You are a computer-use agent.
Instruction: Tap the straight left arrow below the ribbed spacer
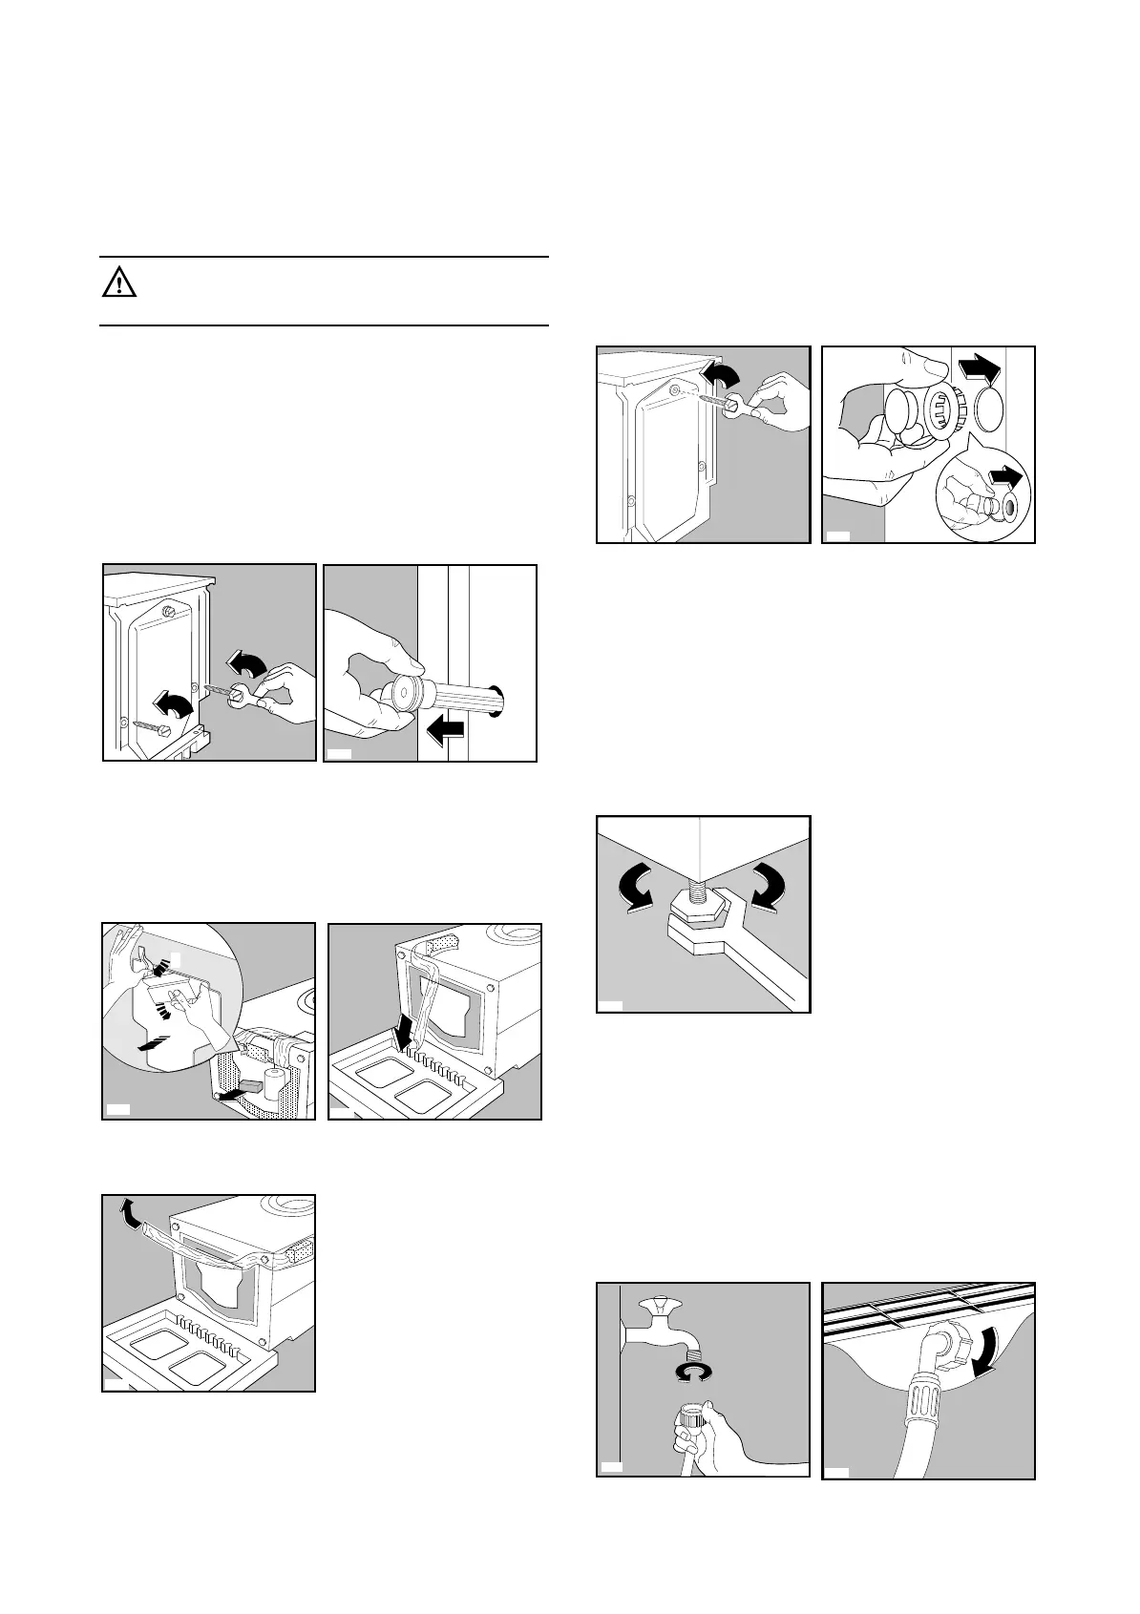click(x=445, y=732)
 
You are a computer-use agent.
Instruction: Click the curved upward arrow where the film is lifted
click(x=123, y=1215)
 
